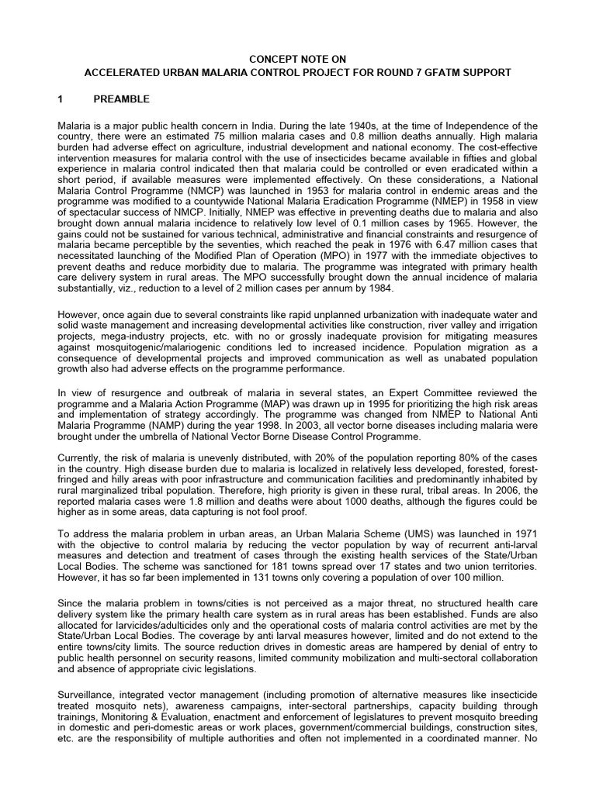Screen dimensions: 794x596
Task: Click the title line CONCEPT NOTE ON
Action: [x=298, y=59]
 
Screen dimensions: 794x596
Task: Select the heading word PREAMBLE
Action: [x=122, y=99]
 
